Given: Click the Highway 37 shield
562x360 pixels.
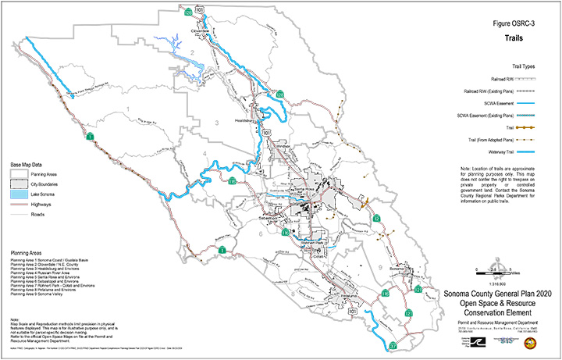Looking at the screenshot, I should coord(393,344).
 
